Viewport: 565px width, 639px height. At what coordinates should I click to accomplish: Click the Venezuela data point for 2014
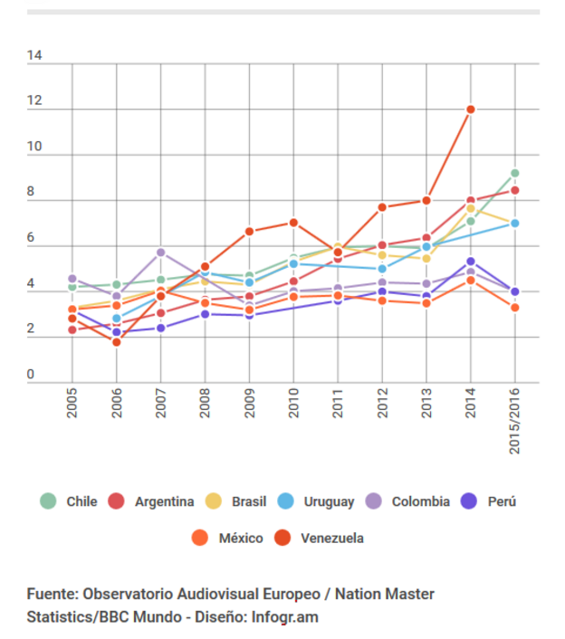click(471, 110)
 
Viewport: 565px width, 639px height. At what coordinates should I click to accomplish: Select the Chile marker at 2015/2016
click(515, 173)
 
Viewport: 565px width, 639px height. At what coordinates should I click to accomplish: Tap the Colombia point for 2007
click(160, 252)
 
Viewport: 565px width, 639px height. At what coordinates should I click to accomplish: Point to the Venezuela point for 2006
click(116, 342)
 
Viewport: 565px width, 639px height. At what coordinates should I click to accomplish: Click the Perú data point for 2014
click(471, 262)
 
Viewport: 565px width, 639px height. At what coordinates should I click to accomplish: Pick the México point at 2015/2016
click(515, 308)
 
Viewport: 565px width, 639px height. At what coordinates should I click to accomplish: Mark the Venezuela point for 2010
click(293, 223)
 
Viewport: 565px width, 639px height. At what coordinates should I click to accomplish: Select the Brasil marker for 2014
click(471, 208)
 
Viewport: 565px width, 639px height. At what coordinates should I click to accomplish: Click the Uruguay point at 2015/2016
click(515, 223)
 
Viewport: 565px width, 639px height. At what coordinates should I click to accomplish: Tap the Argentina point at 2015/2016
click(515, 190)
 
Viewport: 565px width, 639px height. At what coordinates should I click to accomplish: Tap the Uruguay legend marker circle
click(284, 501)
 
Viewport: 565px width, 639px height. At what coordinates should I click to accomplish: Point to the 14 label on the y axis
click(35, 56)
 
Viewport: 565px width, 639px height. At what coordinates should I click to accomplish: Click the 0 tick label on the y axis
click(32, 375)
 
